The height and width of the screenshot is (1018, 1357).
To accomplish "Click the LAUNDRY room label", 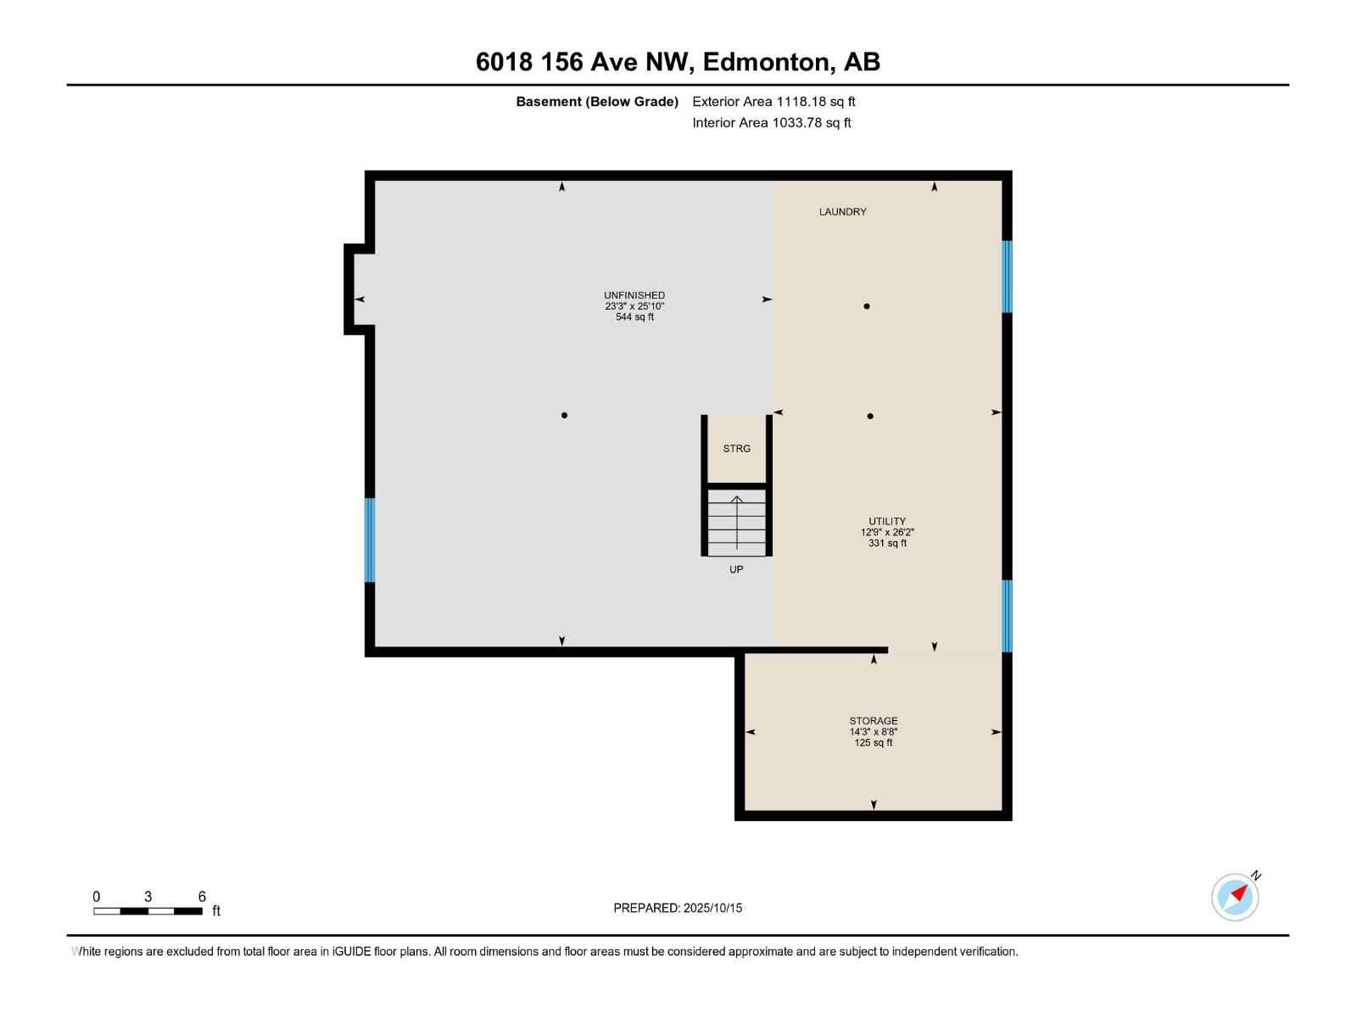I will pos(842,212).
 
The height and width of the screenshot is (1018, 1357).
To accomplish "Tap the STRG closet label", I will pos(736,449).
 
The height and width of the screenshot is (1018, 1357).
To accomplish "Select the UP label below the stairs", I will pos(736,570).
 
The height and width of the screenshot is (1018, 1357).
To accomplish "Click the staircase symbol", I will pos(736,522).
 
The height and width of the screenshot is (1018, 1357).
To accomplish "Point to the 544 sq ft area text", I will pos(634,317).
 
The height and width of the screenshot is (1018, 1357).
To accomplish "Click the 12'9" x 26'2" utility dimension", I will pos(887,533).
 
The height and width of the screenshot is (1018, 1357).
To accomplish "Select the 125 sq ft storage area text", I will pos(874,743).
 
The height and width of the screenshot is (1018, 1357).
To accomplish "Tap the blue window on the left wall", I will pos(370,540).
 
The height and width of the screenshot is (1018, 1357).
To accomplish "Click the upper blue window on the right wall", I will pos(1007,277).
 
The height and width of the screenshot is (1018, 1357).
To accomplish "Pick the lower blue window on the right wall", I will pos(1007,616).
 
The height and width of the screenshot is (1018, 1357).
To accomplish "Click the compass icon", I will pos(1235,897).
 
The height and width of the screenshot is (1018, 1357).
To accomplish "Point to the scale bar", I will pos(148,911).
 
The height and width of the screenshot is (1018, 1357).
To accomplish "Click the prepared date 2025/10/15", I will pos(712,908).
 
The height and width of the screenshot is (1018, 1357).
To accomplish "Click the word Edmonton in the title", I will pos(765,62).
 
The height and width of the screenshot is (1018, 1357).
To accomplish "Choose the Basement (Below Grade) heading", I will pos(597,102).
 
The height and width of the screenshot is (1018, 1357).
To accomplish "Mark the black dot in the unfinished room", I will pos(564,416).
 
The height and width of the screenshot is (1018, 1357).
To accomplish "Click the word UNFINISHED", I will pos(634,295).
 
